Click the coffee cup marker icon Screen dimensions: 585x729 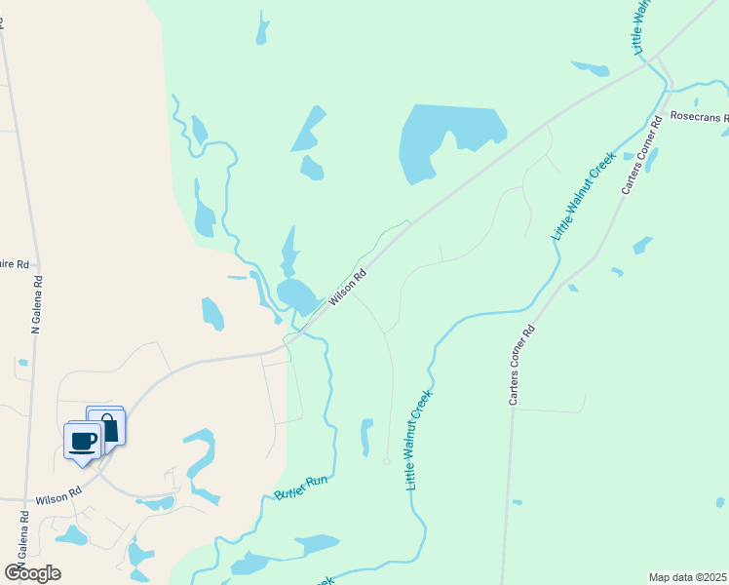[83, 440]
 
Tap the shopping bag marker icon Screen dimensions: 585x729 [107, 425]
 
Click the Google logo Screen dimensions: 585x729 [33, 573]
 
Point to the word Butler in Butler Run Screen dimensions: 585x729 [289, 489]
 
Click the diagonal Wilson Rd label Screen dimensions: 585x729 [347, 288]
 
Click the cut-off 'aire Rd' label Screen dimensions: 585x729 [17, 264]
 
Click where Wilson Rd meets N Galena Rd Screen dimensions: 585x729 [21, 499]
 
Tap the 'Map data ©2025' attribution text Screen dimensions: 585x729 [687, 577]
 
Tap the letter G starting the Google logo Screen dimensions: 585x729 [15, 573]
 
